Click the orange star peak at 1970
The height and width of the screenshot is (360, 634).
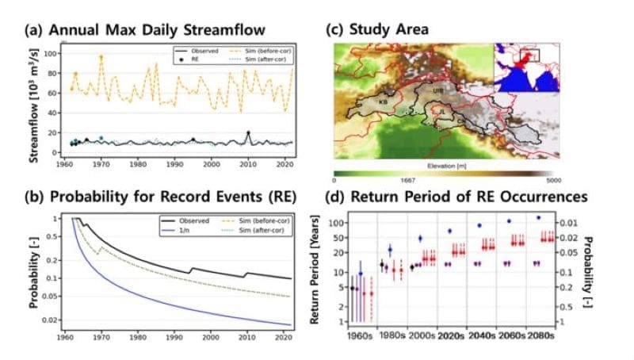101,57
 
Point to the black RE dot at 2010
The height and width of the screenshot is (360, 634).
248,133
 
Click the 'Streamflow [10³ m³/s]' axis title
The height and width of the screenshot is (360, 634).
35,104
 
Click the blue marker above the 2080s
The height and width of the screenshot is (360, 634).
539,217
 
